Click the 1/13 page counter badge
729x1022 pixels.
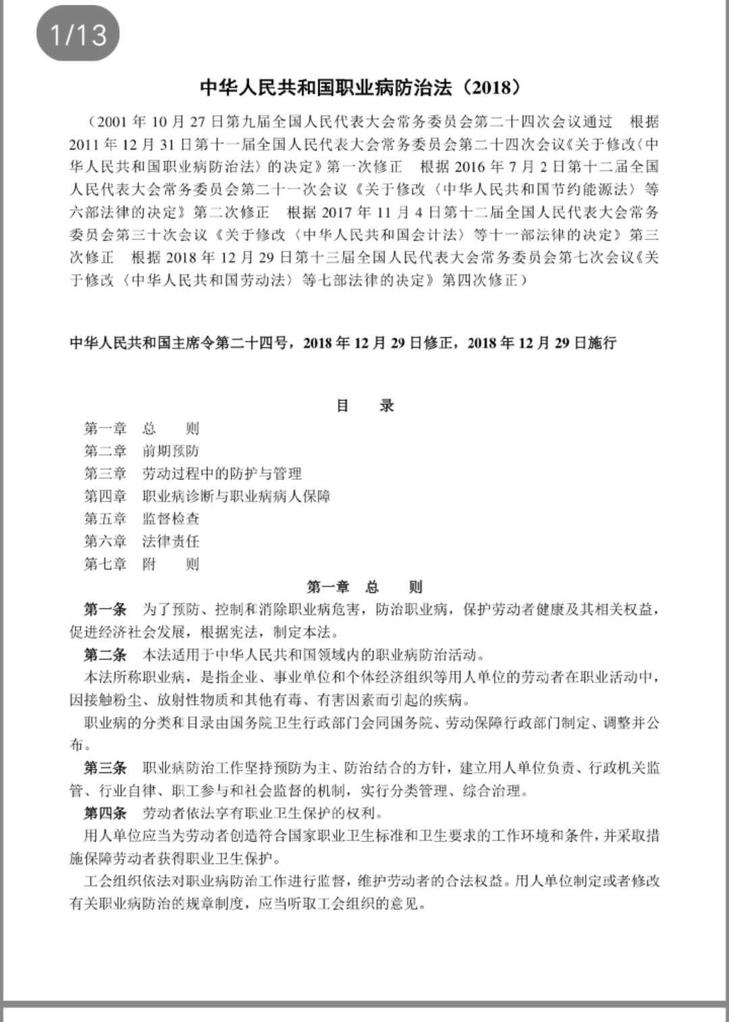(x=78, y=34)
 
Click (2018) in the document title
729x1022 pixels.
(x=492, y=88)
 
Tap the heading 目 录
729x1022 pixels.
(x=364, y=406)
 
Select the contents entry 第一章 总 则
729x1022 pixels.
(x=141, y=428)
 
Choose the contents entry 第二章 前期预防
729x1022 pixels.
(x=141, y=451)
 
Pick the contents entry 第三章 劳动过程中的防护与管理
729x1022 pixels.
(x=192, y=474)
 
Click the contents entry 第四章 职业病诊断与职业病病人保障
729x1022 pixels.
(x=207, y=496)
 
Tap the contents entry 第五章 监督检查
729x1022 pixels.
(x=141, y=519)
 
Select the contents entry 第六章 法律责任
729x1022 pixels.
(x=141, y=541)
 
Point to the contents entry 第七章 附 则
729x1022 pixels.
(x=141, y=564)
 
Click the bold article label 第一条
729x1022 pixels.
(x=105, y=610)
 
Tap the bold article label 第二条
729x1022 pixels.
(x=105, y=655)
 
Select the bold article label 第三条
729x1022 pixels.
(x=105, y=768)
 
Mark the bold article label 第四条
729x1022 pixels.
(x=105, y=813)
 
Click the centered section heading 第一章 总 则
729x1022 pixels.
(x=364, y=587)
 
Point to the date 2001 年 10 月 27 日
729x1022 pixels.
(x=151, y=122)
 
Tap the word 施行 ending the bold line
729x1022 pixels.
(x=602, y=343)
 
